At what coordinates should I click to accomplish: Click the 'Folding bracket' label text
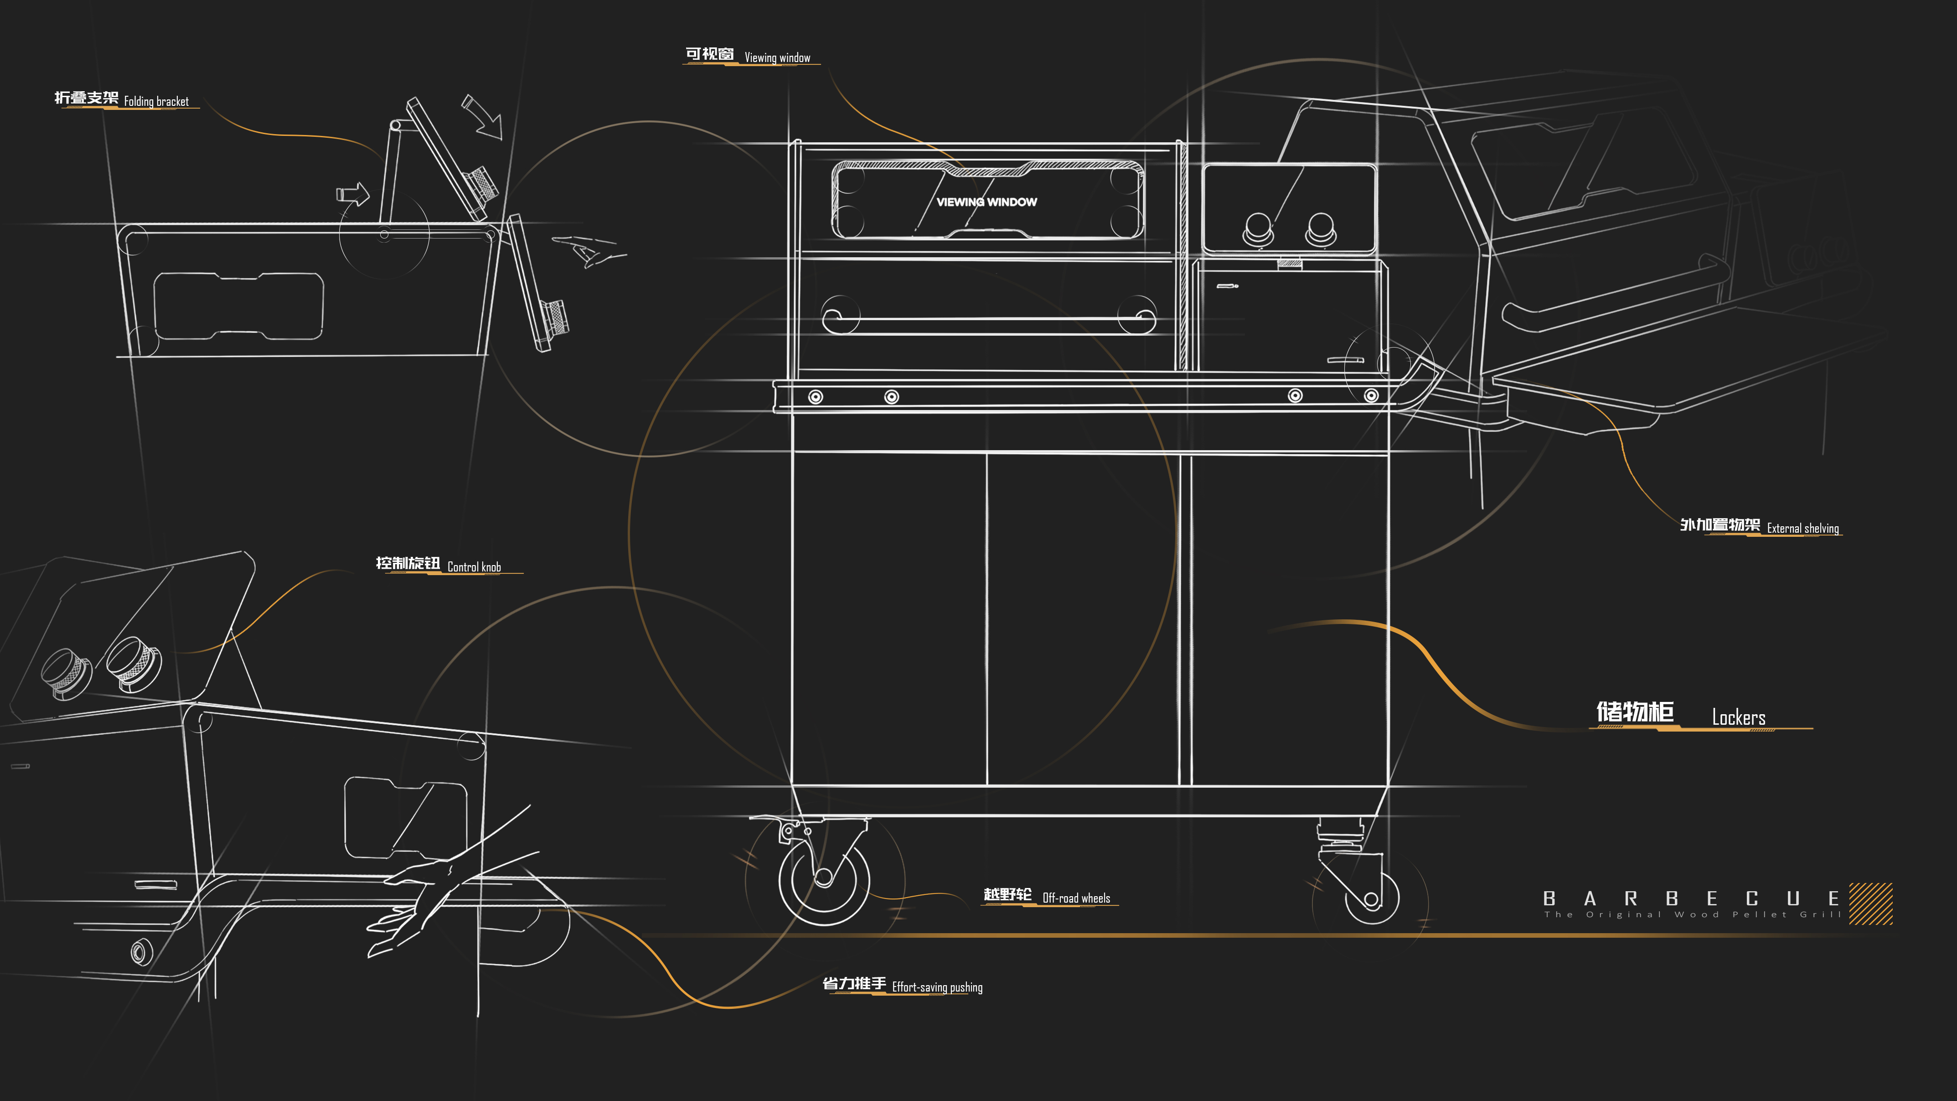pos(156,101)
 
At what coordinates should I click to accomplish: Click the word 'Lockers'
pos(1738,717)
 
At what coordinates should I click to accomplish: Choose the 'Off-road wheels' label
pos(1076,898)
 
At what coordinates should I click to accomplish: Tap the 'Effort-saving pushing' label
pos(937,987)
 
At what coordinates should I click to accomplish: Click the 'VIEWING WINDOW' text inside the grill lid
pos(986,202)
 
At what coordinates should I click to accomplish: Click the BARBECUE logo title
pos(1690,899)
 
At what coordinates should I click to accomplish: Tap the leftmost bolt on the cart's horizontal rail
pos(815,397)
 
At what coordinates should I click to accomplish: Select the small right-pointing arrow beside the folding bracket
pos(353,194)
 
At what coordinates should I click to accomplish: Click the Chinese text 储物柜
pos(1635,712)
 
